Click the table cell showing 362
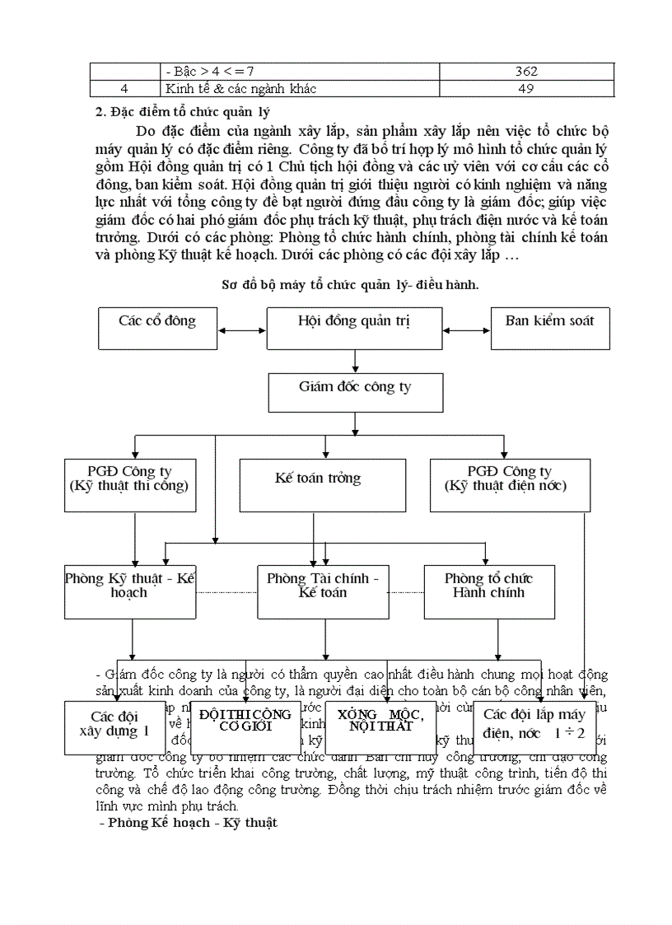point(525,72)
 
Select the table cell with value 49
point(525,88)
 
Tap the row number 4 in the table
point(124,88)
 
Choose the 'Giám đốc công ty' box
point(355,391)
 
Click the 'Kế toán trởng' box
point(322,485)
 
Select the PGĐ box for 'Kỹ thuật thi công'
point(129,485)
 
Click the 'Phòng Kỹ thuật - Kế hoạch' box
point(130,591)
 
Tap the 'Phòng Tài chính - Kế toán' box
point(323,591)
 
